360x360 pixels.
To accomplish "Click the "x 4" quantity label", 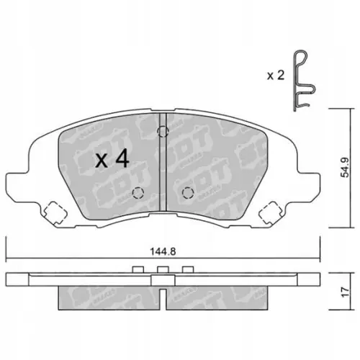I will coord(112,160).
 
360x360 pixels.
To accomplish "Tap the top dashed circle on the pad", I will coord(163,132).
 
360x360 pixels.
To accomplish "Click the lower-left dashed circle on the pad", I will coord(138,192).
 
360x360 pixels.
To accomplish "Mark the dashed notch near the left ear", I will coord(52,212).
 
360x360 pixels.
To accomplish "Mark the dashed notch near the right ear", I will coord(272,212).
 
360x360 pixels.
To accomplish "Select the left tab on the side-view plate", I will coord(138,269).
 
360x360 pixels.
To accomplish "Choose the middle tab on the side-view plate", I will coord(163,269).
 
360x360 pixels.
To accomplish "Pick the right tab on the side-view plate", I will coord(188,269).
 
